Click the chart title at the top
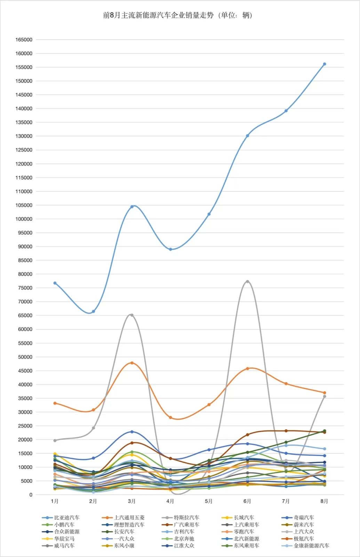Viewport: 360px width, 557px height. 178,15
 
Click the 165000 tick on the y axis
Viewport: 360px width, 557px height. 24,40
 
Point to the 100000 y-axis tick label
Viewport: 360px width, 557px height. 24,219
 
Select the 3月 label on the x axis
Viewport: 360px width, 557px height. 131,501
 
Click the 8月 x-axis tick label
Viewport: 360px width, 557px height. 324,501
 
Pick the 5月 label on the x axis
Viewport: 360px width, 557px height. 209,501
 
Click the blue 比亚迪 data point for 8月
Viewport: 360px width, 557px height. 325,64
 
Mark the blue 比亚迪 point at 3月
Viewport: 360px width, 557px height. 132,207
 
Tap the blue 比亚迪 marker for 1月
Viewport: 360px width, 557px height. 55,283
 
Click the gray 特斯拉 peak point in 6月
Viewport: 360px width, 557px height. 247,281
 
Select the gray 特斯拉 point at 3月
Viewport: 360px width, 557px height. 131,315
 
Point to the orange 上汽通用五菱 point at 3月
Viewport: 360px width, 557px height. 132,363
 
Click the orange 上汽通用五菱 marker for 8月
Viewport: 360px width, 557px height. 325,393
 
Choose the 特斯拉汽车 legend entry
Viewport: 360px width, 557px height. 186,518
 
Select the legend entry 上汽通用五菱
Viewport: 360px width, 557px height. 129,518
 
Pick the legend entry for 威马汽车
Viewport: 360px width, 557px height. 64,546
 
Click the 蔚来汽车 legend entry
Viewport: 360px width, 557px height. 304,525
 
